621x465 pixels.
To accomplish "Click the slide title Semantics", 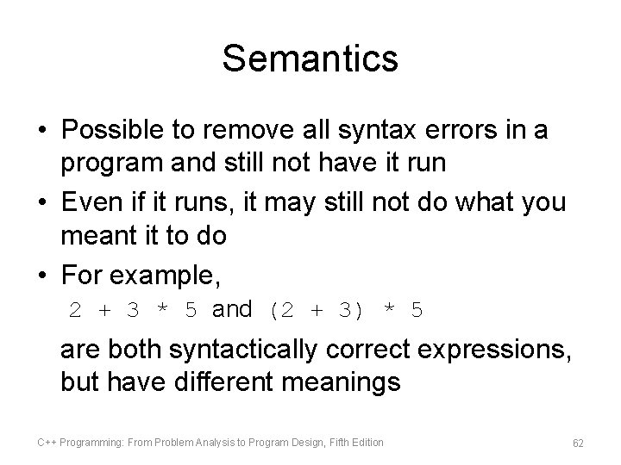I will [310, 59].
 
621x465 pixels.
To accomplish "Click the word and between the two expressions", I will [232, 309].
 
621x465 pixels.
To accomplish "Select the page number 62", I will [578, 443].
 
